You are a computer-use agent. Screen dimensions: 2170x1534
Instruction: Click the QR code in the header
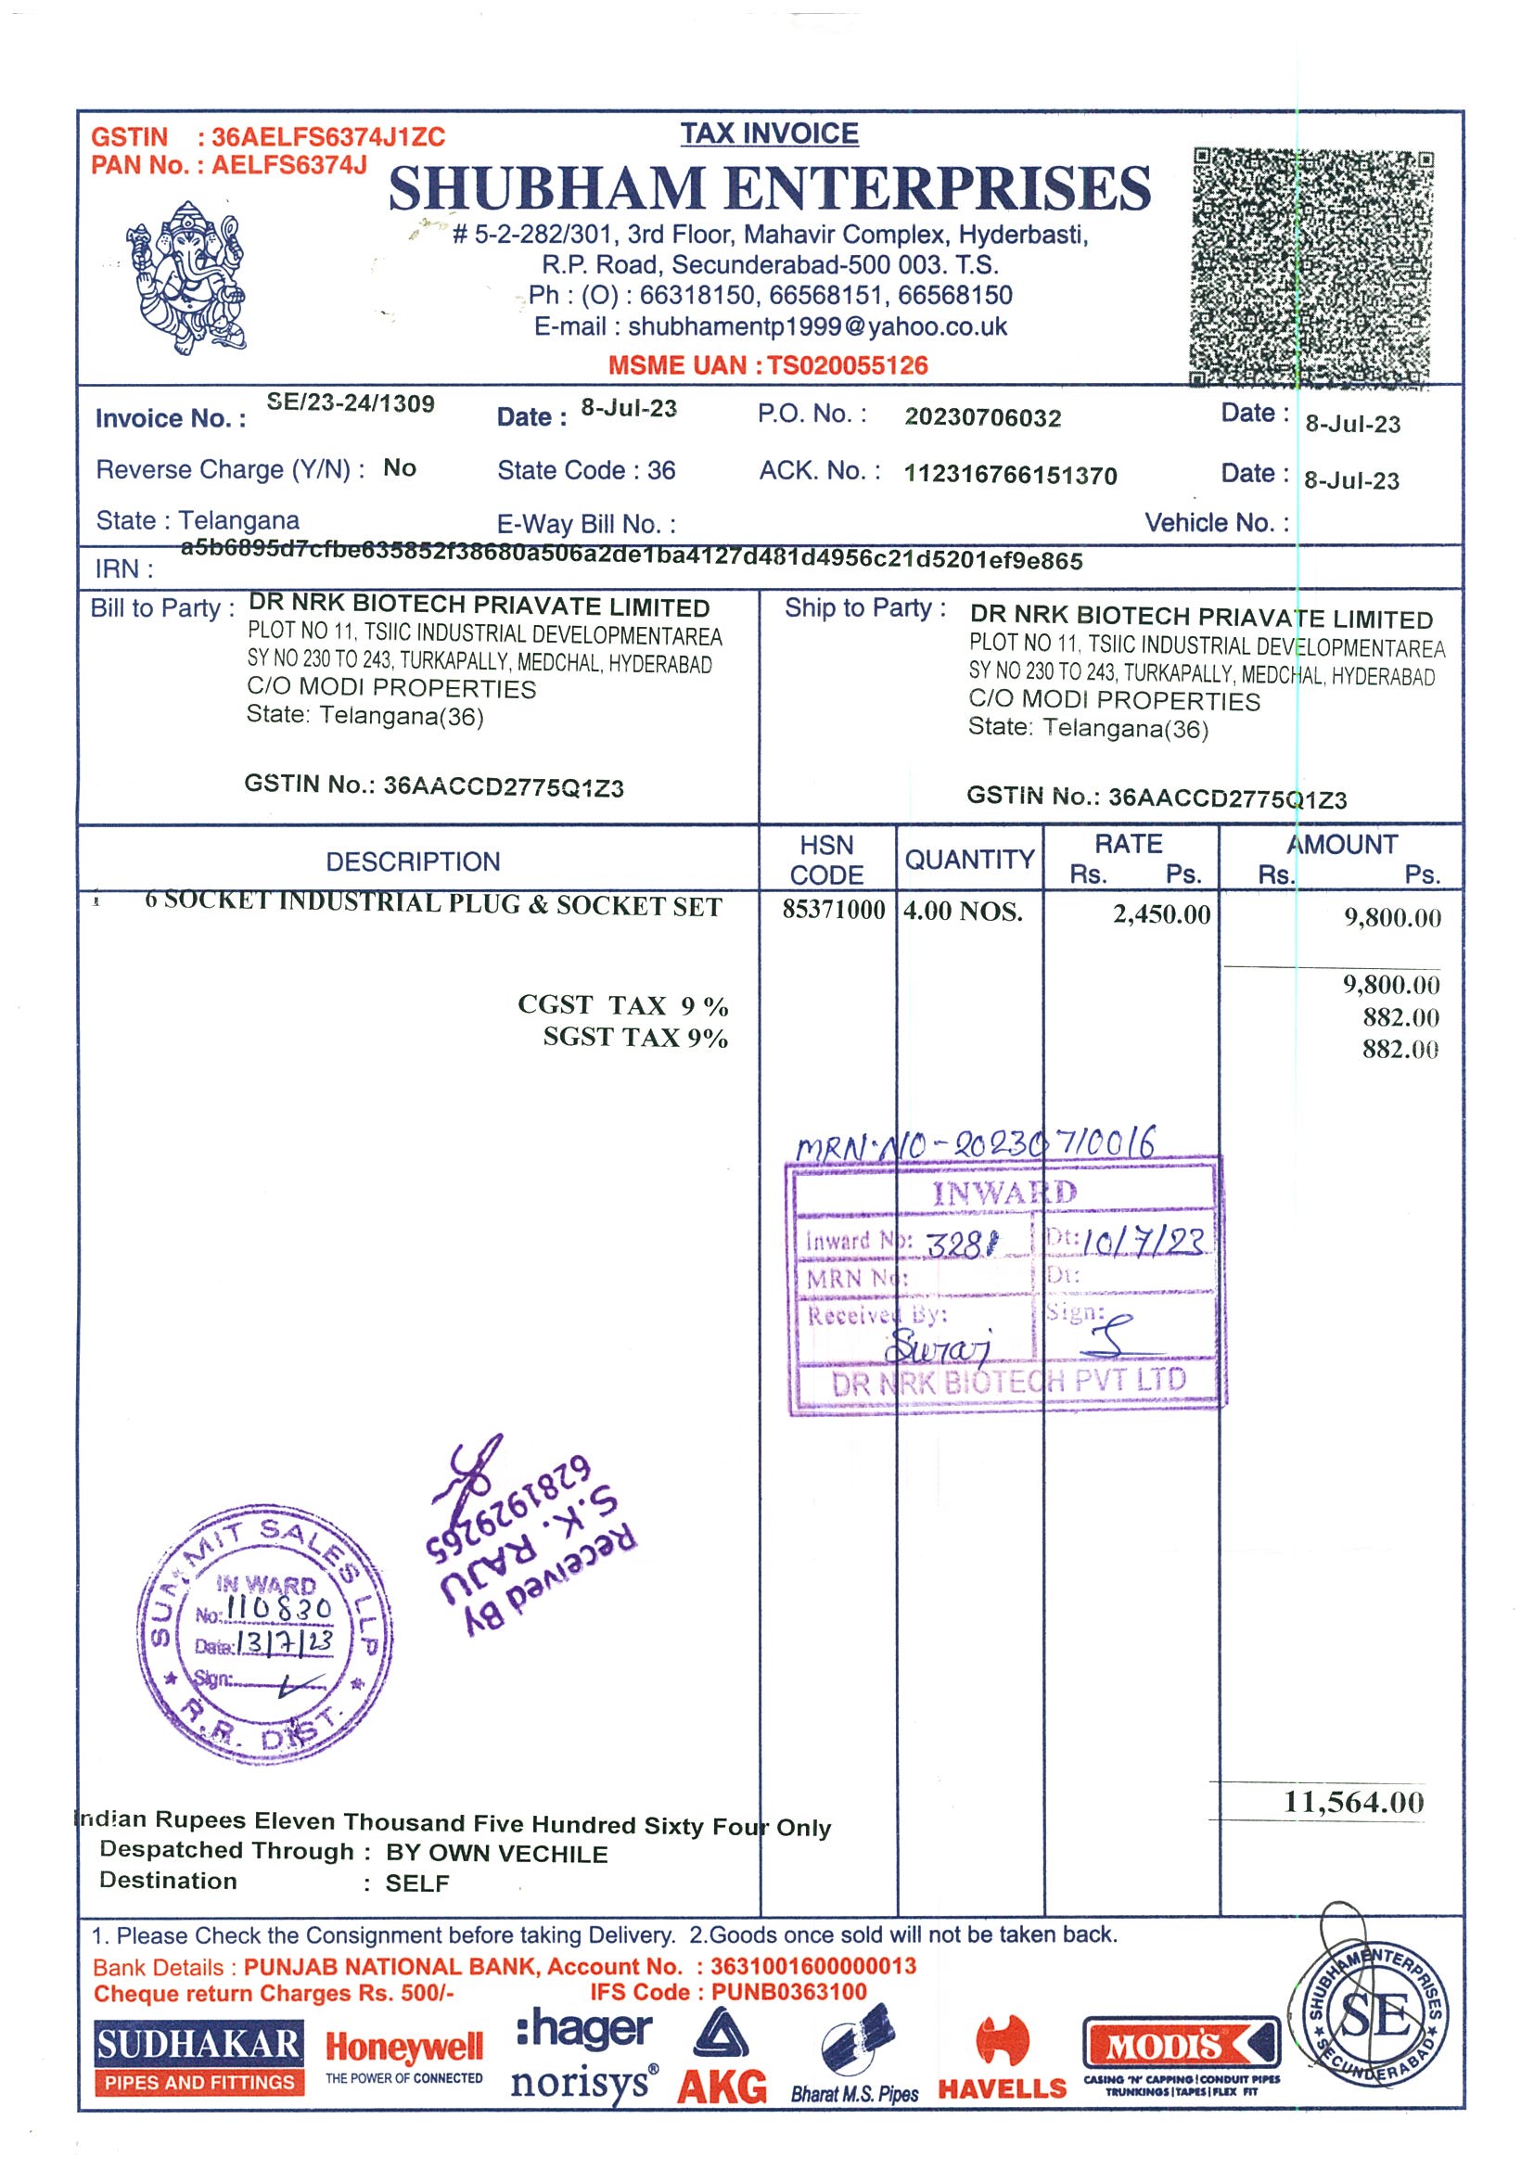click(1312, 266)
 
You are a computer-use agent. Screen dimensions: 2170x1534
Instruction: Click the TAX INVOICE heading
click(770, 134)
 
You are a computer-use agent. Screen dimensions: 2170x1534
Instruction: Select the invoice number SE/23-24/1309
click(351, 403)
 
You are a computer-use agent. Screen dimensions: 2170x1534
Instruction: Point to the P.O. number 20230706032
click(983, 417)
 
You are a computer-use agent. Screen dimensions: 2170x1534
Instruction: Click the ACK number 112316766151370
click(1010, 475)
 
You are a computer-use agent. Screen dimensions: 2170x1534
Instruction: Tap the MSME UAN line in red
click(768, 365)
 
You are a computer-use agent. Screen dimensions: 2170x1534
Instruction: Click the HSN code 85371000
click(833, 910)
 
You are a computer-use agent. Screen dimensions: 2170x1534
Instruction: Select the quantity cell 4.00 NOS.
click(963, 912)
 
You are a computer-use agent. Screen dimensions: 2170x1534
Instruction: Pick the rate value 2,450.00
click(1160, 915)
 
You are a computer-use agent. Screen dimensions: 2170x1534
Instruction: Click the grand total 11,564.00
click(1353, 1803)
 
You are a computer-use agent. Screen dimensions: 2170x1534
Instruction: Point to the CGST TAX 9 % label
click(622, 1004)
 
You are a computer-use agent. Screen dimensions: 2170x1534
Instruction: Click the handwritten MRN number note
click(976, 1145)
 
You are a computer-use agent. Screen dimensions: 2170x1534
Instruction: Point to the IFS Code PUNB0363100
click(728, 1992)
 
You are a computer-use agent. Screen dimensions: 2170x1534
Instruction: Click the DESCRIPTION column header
click(413, 861)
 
